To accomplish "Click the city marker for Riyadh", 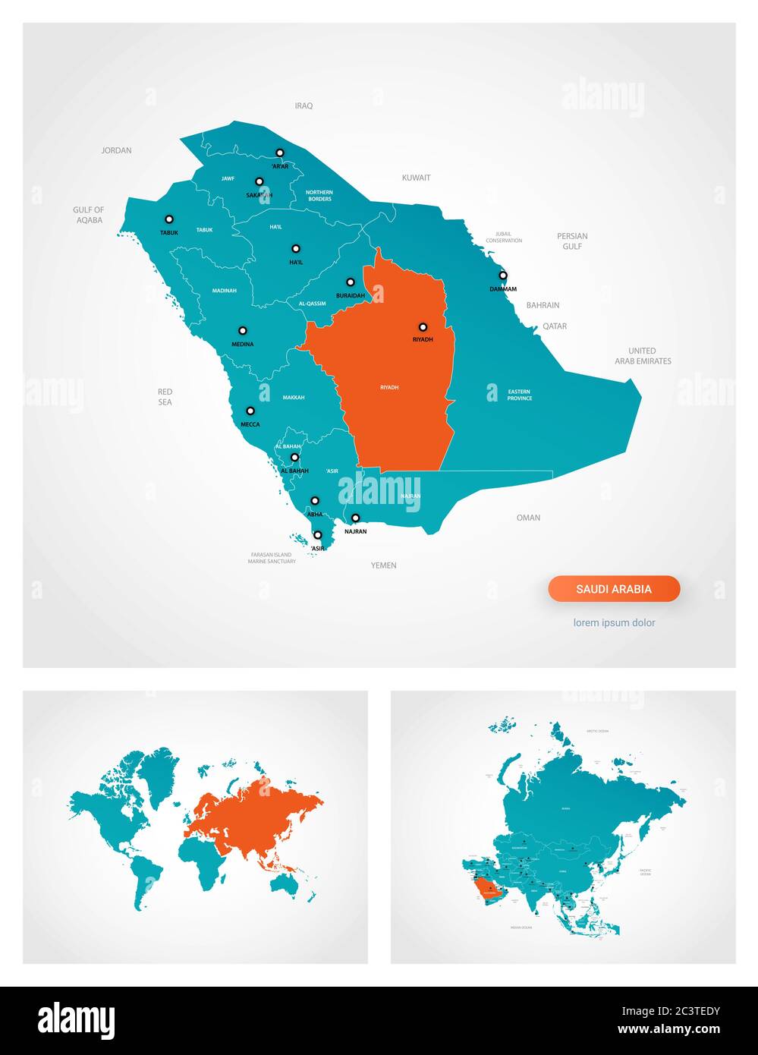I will tap(423, 327).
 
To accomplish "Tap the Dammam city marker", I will tap(502, 276).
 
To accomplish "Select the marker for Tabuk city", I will tap(169, 219).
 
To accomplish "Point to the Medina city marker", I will tap(243, 331).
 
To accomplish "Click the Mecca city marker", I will tap(250, 411).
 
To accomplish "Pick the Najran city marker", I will tap(355, 518).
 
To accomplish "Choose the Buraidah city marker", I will tap(351, 282).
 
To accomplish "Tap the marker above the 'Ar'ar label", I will tap(280, 153).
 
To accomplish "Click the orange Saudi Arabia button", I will tap(614, 589).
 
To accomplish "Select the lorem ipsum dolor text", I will tap(614, 622).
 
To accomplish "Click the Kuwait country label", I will tap(416, 178).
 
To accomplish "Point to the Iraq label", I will tap(304, 106).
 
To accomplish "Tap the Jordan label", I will tap(117, 150).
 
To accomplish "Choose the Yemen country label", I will tap(384, 565).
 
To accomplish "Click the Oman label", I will tap(528, 518).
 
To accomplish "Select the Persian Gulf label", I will tap(572, 241).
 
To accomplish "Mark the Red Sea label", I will tap(165, 397).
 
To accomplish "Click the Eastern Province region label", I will tap(520, 395).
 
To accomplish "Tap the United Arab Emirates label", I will tap(643, 356).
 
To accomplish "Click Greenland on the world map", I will tap(161, 774).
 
